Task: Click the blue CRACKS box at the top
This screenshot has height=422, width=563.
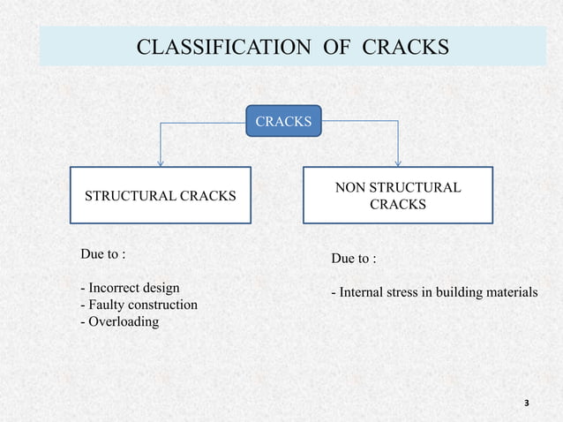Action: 283,120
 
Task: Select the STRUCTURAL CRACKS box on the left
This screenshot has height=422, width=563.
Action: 160,195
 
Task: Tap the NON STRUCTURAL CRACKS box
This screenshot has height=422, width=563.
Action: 398,195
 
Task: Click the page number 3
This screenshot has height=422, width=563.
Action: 527,403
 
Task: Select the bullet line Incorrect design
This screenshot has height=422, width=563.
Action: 130,288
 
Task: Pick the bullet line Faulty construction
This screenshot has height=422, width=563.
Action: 139,305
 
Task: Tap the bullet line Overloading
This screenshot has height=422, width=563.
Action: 119,321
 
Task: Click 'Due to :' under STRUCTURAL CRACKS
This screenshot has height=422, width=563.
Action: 102,254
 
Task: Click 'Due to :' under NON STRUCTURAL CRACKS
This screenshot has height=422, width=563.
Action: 353,259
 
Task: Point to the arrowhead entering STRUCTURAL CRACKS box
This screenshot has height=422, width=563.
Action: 160,162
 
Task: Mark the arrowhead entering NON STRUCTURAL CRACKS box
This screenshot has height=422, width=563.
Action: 399,162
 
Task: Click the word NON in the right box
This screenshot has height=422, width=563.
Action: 352,187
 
